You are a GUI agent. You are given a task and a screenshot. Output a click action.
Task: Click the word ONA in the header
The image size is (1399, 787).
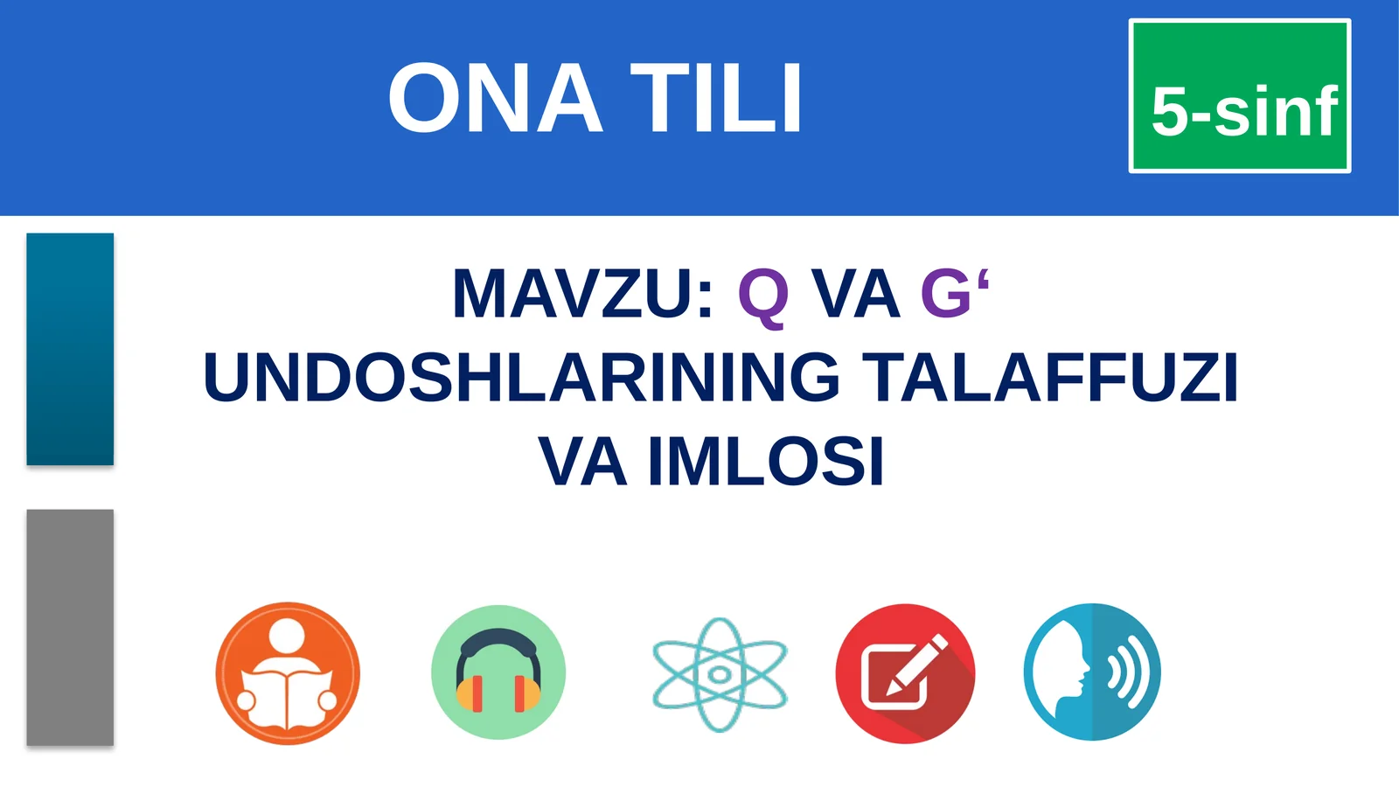495,99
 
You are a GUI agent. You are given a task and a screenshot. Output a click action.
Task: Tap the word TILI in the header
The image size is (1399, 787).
716,99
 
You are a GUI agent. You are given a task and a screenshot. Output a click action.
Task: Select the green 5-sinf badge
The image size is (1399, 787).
1240,96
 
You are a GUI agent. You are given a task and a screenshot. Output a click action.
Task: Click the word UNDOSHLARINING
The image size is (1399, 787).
521,378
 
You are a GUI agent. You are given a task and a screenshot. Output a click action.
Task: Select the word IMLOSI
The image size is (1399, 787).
766,462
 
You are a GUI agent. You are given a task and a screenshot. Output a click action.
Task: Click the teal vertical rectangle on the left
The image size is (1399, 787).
70,349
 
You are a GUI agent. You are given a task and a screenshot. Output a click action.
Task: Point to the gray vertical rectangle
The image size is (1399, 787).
70,627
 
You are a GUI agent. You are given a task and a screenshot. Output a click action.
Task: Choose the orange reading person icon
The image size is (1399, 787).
288,673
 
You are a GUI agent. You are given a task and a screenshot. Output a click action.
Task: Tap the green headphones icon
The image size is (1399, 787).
498,672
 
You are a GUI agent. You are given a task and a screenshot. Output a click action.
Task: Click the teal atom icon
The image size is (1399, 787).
720,674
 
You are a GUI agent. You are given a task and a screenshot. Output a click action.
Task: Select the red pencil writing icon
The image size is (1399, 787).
905,673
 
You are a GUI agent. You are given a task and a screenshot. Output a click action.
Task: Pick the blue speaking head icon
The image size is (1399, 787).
1092,672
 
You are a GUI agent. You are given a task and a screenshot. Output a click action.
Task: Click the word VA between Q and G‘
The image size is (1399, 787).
855,294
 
